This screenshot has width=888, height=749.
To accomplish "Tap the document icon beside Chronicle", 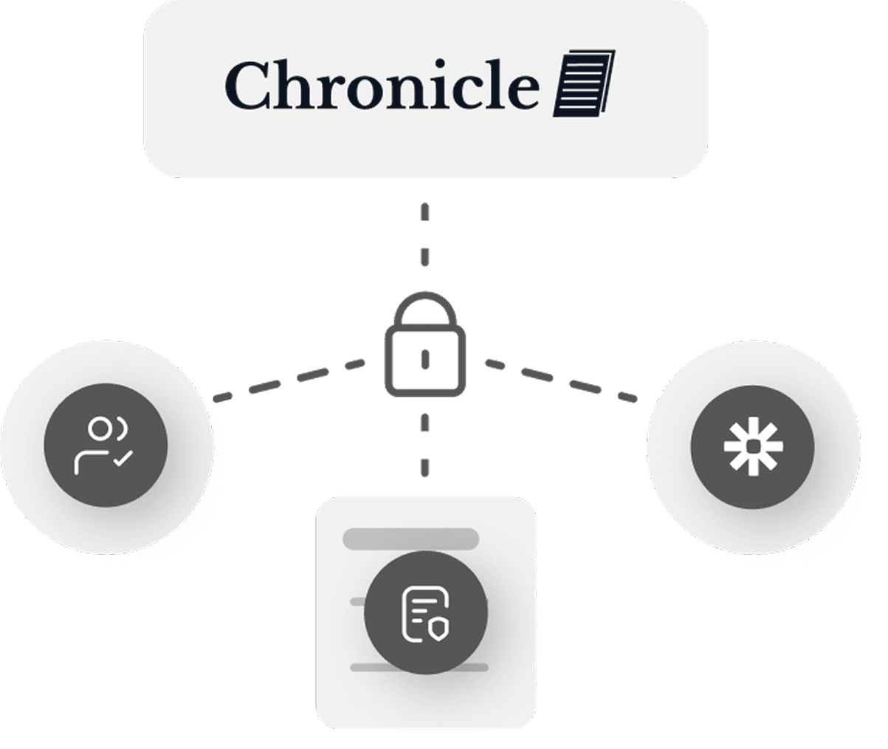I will pos(584,83).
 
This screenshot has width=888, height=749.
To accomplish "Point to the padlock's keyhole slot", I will pos(424,359).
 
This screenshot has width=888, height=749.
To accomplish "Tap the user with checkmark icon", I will pos(106,445).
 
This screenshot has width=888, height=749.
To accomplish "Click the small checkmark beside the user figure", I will pos(123,459).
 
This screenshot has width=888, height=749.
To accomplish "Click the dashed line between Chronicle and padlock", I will pos(424,236).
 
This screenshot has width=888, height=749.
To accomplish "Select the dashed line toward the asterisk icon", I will pos(561,381).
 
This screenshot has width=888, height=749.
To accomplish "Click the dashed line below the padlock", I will pos(424,443).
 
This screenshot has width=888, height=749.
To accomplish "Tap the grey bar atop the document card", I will pos(411,538).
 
